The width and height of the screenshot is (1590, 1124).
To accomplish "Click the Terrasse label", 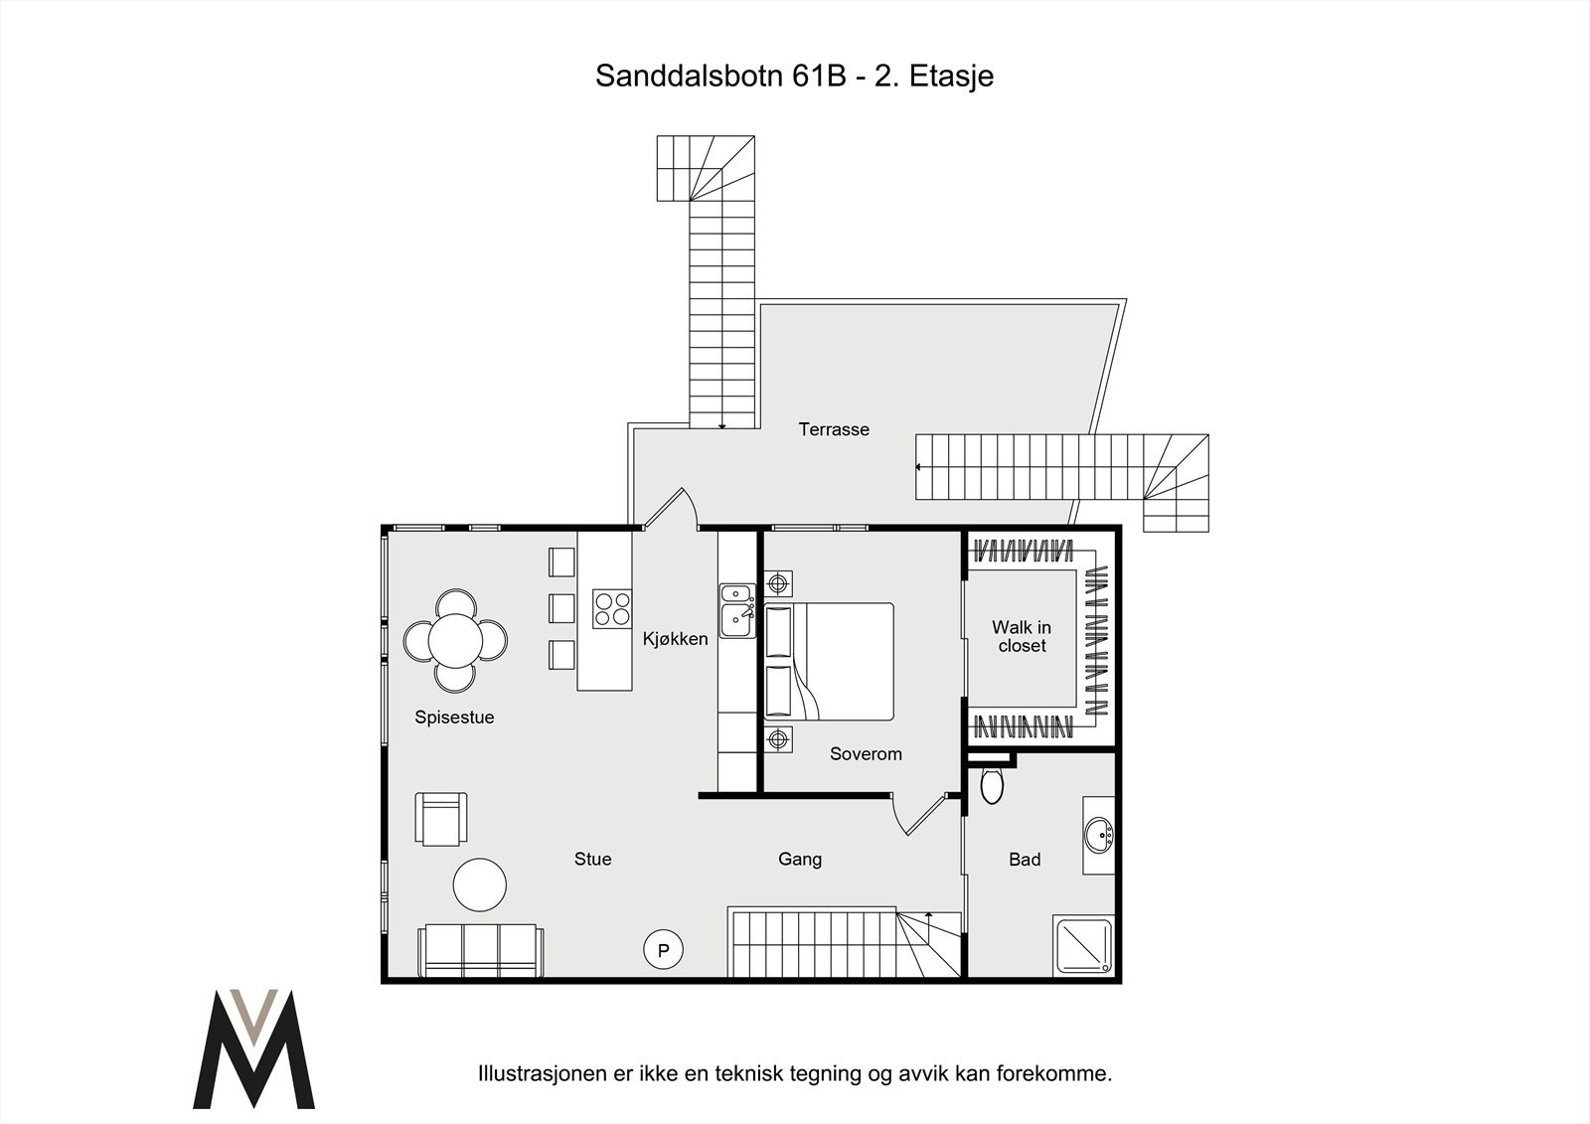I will pos(834,429).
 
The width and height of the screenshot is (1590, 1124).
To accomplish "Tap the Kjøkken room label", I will pos(675,639).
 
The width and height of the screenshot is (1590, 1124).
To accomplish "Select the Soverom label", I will pos(866,754).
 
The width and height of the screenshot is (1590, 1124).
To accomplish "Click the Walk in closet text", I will pos(1022,637).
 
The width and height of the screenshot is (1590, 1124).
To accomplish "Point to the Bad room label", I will pos(1025,860).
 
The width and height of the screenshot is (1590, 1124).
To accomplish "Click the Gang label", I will pos(799,860).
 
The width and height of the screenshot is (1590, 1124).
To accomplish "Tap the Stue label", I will pos(592,860).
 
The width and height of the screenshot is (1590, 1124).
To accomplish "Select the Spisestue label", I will pos(454,718).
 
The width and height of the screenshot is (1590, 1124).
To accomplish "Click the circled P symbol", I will pos(663,950).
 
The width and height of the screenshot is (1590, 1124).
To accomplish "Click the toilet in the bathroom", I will pos(992,786).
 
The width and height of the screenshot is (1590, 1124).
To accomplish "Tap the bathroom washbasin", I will pos(1099,836).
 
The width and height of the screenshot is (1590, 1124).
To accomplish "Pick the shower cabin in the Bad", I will pos(1083,945).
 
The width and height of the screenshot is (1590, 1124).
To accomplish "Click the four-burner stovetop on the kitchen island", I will pos(612,608).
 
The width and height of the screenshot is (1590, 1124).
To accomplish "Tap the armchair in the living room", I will pos(441,819).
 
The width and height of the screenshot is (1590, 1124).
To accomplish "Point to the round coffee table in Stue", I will pos(480,884).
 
